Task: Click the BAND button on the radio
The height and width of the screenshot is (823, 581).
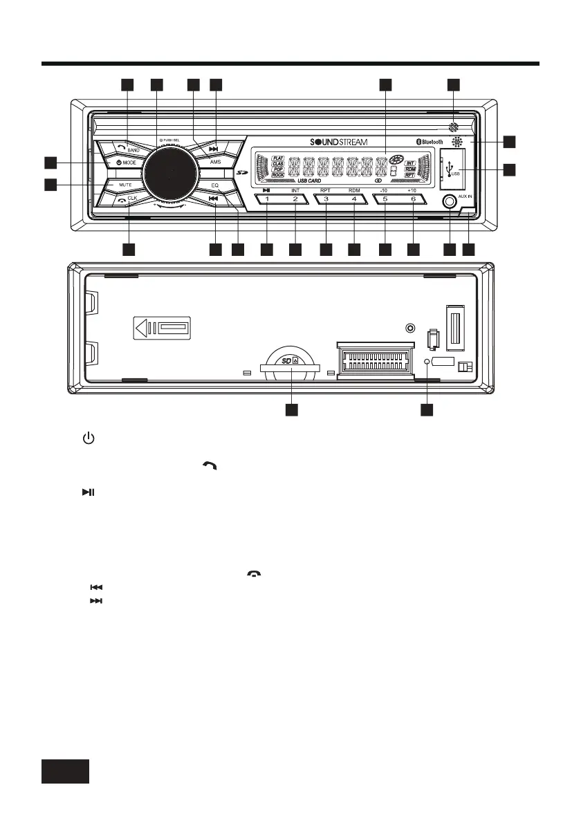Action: click(129, 148)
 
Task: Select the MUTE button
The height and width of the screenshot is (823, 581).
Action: click(124, 185)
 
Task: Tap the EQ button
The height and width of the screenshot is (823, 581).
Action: click(215, 185)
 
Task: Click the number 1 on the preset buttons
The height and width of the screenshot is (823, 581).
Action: click(267, 200)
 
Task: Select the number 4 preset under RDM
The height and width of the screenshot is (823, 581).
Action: click(354, 200)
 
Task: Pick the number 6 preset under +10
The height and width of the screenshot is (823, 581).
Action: click(413, 200)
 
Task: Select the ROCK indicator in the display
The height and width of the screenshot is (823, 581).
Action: click(279, 174)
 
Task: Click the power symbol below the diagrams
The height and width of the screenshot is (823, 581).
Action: click(88, 438)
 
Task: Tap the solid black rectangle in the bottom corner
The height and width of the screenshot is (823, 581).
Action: click(65, 770)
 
